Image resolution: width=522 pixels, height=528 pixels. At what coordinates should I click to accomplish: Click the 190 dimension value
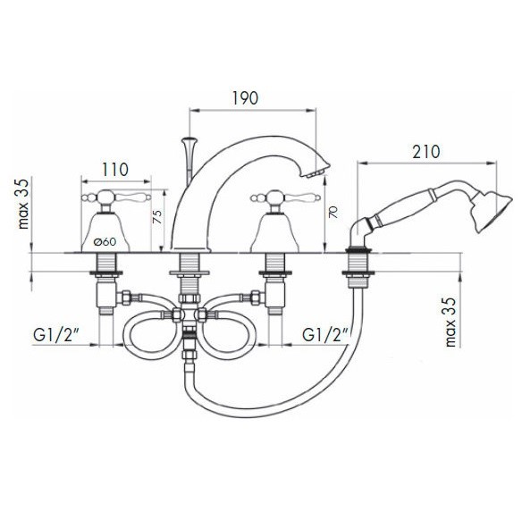245,98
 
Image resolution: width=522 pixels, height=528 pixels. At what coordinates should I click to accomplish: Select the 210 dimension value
426,152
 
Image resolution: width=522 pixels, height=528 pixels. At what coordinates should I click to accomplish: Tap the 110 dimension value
115,170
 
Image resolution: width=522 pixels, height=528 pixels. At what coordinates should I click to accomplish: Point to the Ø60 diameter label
105,241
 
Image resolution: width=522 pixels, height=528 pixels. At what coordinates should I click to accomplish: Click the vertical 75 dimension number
157,217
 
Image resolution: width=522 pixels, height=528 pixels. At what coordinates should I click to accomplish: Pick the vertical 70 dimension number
333,213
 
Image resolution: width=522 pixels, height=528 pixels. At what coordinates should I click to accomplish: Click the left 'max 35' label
23,204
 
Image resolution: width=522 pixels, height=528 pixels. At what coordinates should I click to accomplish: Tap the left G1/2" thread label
56,335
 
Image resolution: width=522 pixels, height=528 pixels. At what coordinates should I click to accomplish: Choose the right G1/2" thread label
325,335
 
